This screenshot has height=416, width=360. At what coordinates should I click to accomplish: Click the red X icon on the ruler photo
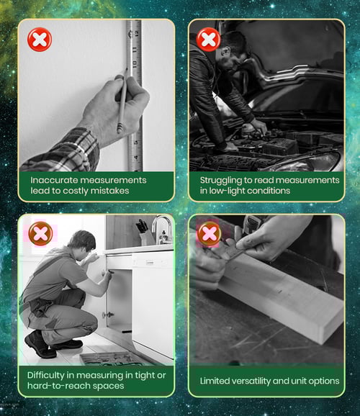(x=40, y=40)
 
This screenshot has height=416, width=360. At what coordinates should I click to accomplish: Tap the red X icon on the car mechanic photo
(x=208, y=40)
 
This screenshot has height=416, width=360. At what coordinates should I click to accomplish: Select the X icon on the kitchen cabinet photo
(x=40, y=233)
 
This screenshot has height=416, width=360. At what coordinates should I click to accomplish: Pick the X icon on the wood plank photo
(x=210, y=233)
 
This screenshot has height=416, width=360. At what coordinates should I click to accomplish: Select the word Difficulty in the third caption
(x=45, y=376)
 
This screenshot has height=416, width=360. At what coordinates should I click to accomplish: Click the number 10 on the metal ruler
(x=135, y=64)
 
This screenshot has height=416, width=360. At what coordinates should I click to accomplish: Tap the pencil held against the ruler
(x=122, y=101)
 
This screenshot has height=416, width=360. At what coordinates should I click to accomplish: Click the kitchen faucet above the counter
(x=162, y=228)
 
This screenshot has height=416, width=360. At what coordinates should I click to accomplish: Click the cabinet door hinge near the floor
(x=108, y=315)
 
